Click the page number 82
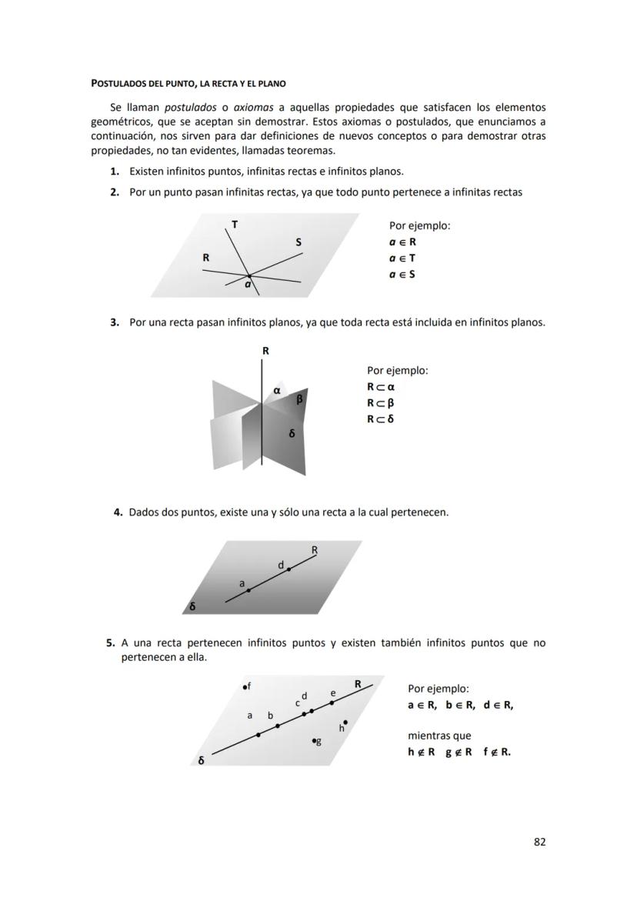539,842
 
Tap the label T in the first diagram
235,225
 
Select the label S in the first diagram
298,243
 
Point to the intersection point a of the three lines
248,275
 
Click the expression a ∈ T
402,258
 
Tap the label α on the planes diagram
276,391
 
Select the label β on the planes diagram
299,399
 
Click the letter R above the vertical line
265,351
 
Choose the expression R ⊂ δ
380,419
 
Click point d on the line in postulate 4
288,569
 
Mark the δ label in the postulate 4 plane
192,606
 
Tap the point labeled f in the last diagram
243,686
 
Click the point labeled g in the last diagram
314,741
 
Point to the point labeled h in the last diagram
345,722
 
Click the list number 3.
114,322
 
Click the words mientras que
439,736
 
